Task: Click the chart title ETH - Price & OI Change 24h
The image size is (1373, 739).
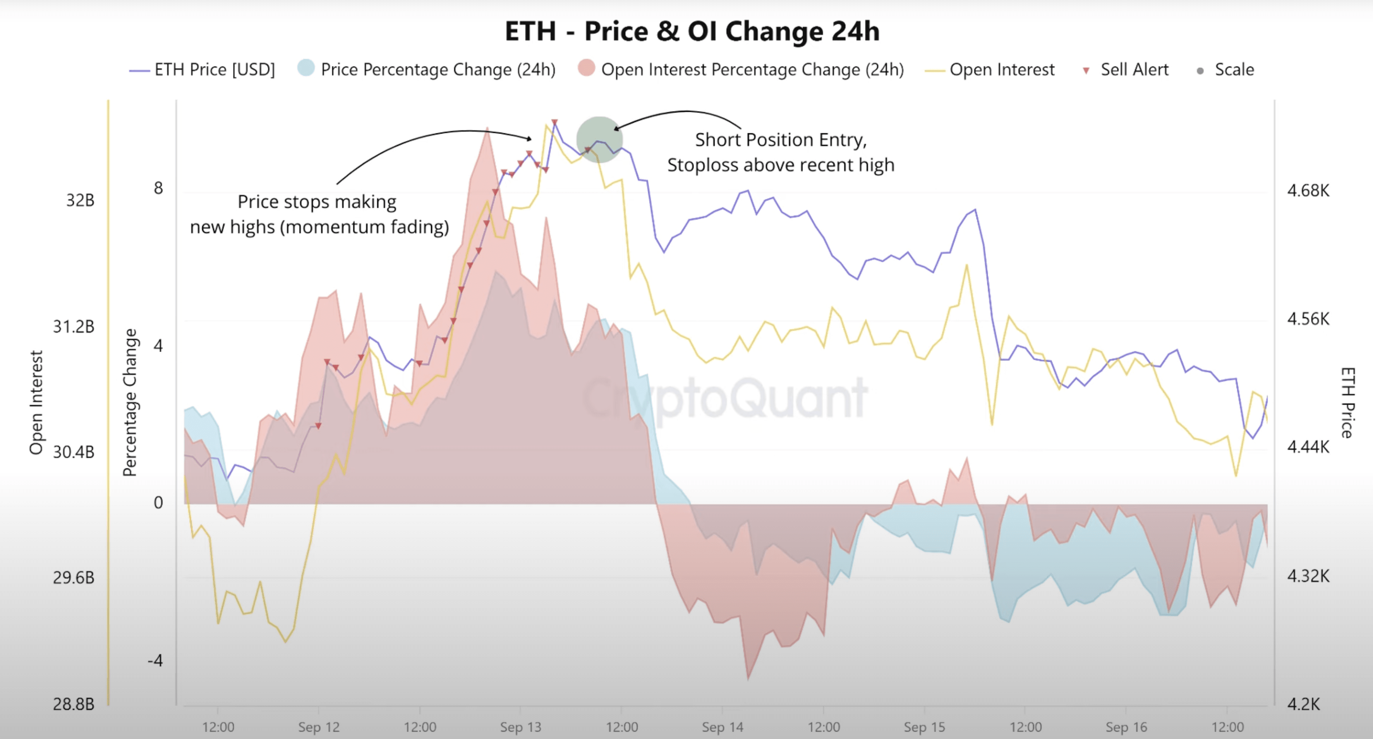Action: (x=692, y=31)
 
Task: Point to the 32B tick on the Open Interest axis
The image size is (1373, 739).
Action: (x=80, y=201)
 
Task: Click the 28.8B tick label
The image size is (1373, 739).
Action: (x=74, y=704)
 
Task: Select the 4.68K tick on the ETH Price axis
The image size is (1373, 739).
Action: (x=1308, y=190)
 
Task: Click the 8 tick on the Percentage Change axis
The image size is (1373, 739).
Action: (x=158, y=188)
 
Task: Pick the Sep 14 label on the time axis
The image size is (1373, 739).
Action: (x=722, y=727)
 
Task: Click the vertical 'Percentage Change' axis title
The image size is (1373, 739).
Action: (x=130, y=402)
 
